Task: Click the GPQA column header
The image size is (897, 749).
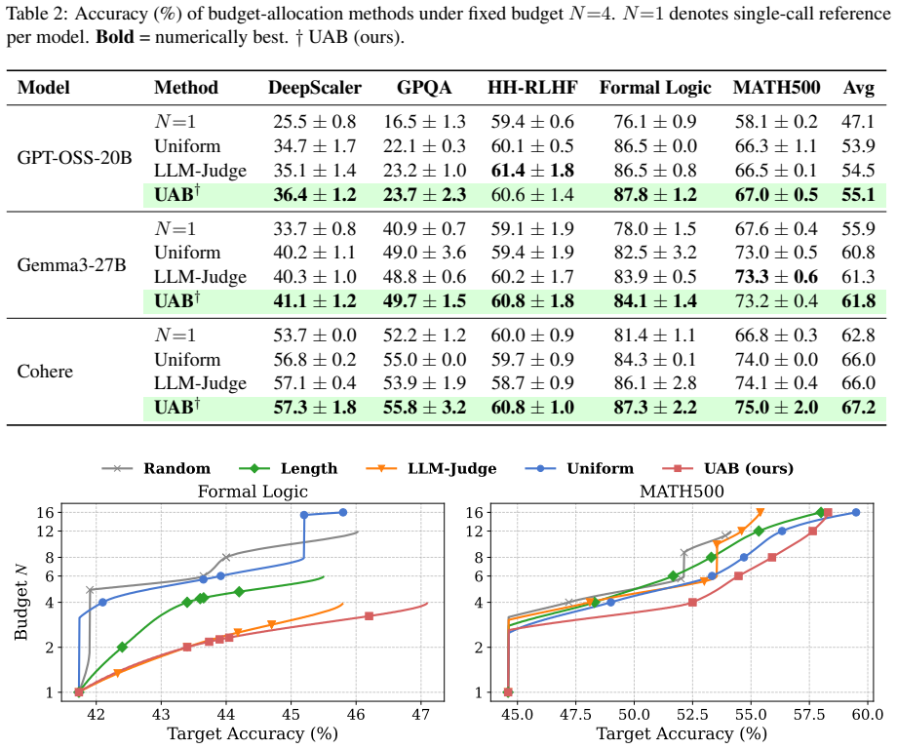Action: pos(424,88)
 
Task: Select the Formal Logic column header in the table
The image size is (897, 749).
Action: pos(655,88)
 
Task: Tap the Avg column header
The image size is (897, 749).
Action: pos(859,88)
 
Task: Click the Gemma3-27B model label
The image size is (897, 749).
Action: pos(71,265)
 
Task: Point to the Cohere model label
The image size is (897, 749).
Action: pos(45,372)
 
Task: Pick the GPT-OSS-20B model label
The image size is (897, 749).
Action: pos(74,157)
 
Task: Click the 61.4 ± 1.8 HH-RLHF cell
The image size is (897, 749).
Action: pos(532,171)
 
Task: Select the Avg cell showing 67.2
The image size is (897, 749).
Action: pos(859,408)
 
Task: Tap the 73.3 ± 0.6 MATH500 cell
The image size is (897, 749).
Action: pos(776,277)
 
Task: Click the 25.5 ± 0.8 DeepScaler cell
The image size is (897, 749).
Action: pos(315,122)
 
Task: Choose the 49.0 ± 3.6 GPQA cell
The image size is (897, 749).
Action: pos(424,253)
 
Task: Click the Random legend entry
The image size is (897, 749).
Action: pos(156,469)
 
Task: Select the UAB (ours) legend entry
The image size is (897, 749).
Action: pos(727,469)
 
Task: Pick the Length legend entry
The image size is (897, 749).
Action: pos(289,469)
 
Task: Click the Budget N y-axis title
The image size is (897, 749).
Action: pos(21,602)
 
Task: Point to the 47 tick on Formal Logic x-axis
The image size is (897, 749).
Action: pos(421,714)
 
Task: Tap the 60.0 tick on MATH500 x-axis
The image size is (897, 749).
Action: pos(868,714)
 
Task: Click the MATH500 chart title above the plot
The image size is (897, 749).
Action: pos(682,492)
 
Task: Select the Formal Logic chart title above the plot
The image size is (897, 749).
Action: pos(253,492)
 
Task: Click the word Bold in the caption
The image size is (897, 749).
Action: pos(114,37)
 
